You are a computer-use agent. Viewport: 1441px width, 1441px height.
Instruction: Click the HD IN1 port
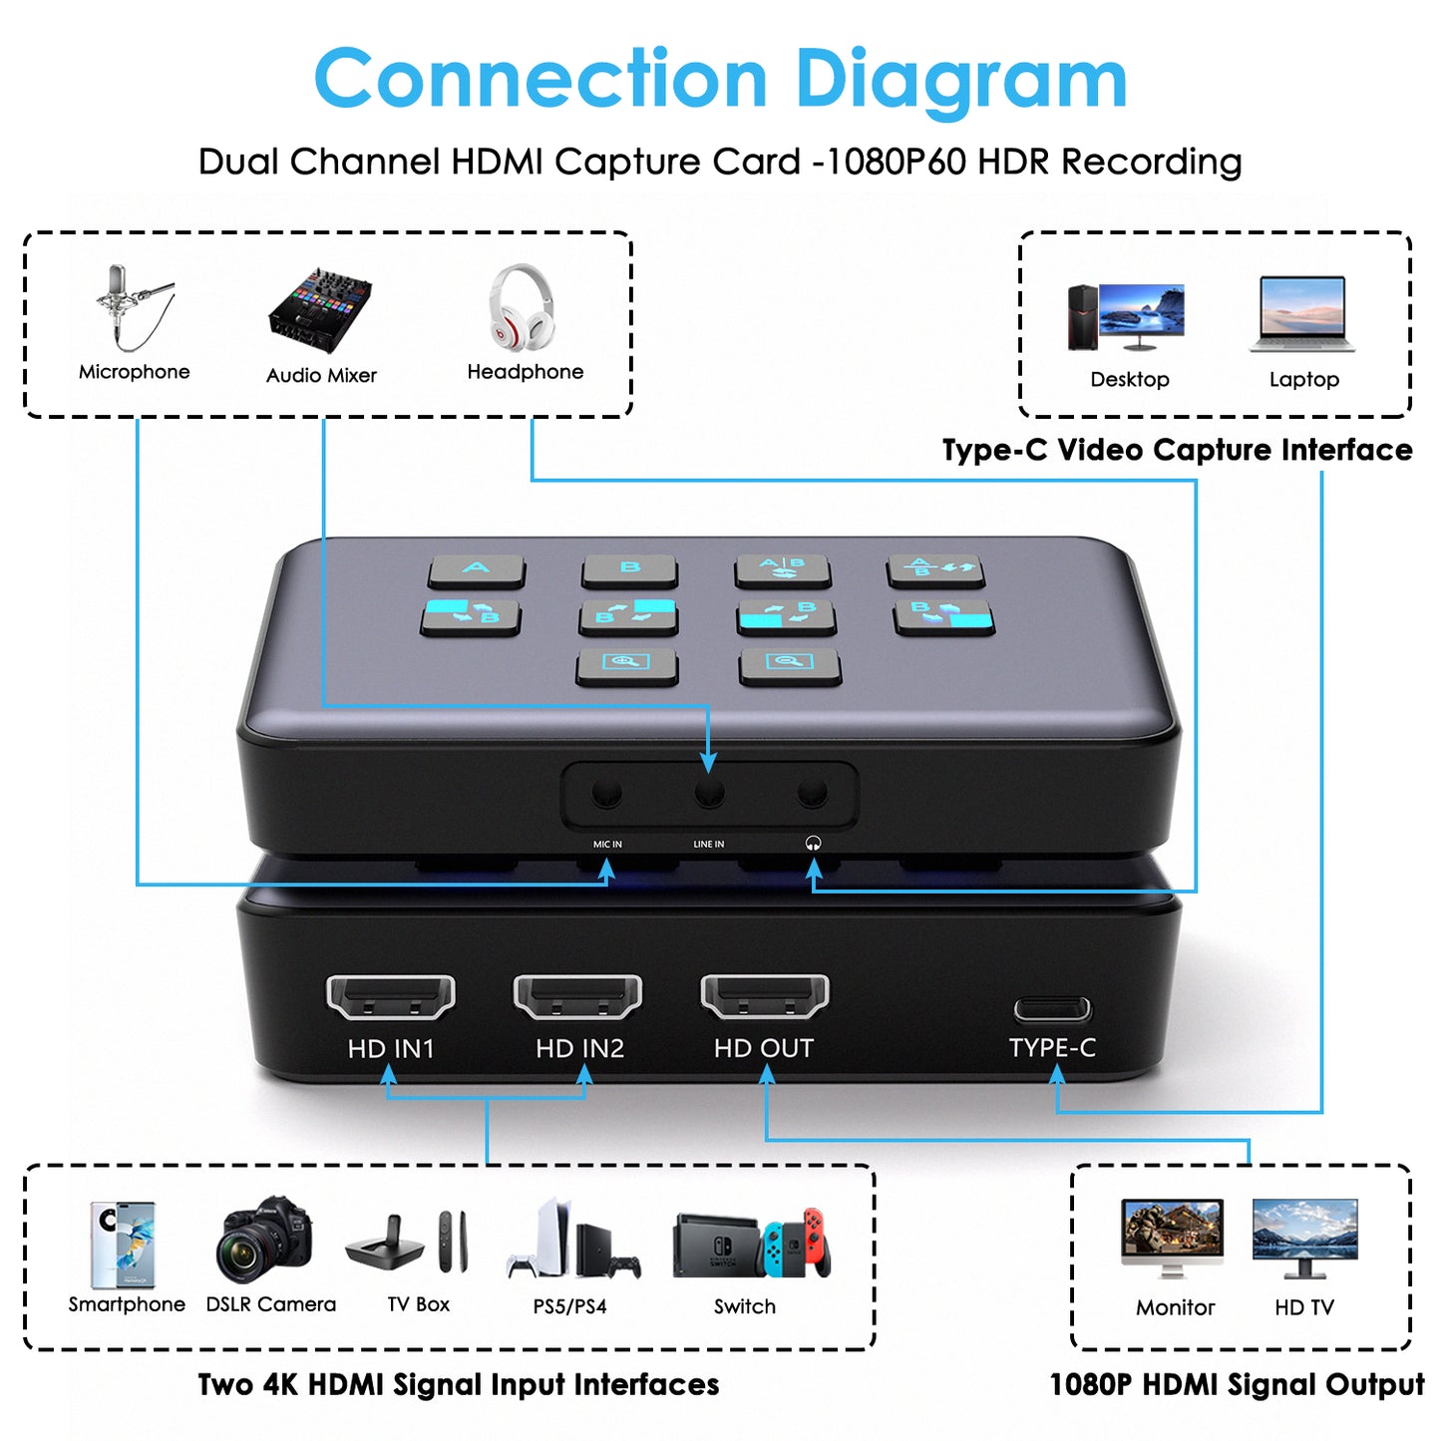[x=390, y=997]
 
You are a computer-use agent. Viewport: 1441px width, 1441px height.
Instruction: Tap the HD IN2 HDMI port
[x=577, y=997]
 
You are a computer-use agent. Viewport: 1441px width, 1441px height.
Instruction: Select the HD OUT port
[x=764, y=997]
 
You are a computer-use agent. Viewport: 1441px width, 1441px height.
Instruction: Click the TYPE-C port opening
[x=1051, y=1009]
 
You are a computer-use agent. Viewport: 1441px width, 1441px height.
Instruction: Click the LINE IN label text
[x=708, y=844]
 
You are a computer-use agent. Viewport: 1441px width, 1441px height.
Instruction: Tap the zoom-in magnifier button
[x=626, y=664]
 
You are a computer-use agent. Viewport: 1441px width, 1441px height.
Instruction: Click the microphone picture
[x=134, y=307]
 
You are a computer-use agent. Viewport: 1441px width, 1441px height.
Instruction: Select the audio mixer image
[x=320, y=309]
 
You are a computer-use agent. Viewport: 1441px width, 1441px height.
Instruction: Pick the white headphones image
[x=522, y=306]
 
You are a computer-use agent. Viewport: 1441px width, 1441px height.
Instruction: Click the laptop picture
[x=1302, y=314]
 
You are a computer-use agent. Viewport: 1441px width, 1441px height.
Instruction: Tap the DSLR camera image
[x=264, y=1240]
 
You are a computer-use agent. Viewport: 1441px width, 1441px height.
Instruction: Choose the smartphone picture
[x=122, y=1245]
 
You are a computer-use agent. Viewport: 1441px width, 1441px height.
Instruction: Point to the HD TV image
[x=1304, y=1239]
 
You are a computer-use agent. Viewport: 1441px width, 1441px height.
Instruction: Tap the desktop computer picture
[x=1126, y=317]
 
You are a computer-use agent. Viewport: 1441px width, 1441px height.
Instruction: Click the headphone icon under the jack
[x=813, y=844]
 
